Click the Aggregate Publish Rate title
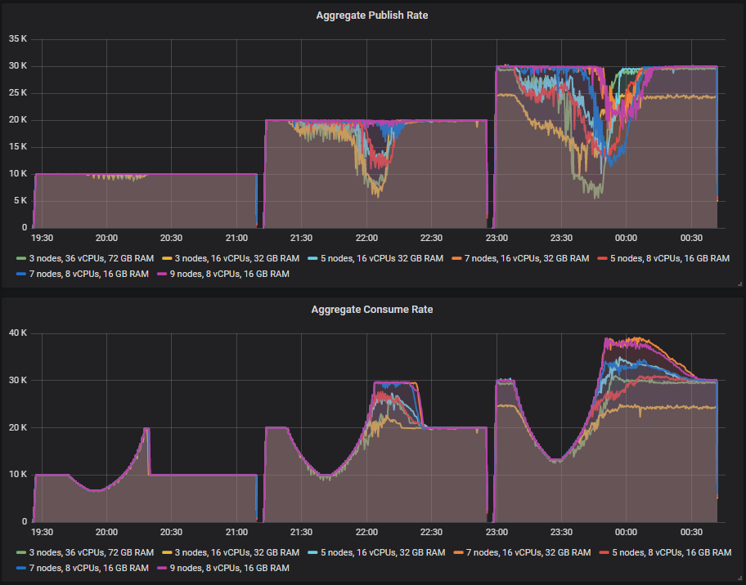[x=372, y=16]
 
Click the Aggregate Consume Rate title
[x=372, y=310]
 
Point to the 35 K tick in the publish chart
[x=18, y=38]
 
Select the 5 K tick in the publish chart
[x=20, y=201]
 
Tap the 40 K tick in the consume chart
[x=18, y=333]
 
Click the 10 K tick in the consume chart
[x=18, y=475]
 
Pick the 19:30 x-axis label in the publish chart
[x=42, y=238]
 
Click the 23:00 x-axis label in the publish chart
[x=497, y=238]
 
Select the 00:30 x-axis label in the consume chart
[x=691, y=532]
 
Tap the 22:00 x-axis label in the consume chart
[x=366, y=532]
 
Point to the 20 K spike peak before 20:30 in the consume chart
[x=146, y=429]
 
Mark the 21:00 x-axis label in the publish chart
[x=236, y=238]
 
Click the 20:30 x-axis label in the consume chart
[x=172, y=532]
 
